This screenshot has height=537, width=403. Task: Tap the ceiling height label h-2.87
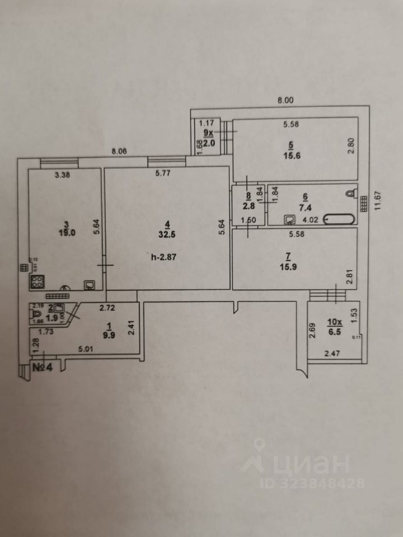click(x=163, y=258)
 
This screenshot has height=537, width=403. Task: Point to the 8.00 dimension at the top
click(x=286, y=101)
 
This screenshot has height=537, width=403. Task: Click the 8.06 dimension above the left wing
click(x=120, y=151)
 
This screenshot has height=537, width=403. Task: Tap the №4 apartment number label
click(x=43, y=369)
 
